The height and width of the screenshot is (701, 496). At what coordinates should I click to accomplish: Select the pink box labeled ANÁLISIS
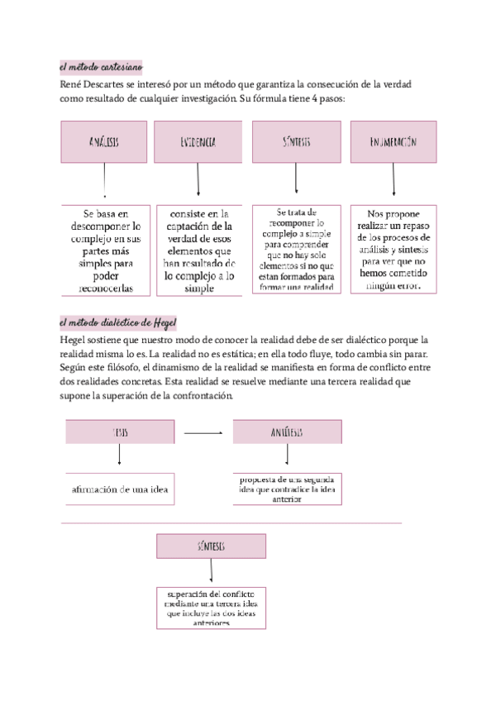click(x=104, y=142)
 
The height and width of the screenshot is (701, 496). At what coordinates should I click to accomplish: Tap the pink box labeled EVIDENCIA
click(x=198, y=142)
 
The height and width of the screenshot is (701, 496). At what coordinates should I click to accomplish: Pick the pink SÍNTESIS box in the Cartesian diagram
click(x=296, y=142)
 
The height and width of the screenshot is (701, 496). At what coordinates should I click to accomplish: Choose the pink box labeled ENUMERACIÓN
click(x=393, y=142)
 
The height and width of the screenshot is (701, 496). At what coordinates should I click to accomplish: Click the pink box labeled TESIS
click(x=120, y=432)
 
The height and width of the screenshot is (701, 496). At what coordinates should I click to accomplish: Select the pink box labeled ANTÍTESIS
click(x=287, y=432)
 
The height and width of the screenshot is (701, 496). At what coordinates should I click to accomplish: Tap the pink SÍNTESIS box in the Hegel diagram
click(x=212, y=546)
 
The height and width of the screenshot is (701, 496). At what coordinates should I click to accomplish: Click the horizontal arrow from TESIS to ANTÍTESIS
click(x=203, y=432)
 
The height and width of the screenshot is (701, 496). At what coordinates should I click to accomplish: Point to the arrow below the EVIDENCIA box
click(x=198, y=179)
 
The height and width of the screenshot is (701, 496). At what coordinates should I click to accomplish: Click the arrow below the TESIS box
click(x=120, y=455)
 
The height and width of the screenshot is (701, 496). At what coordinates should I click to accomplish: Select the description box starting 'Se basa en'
click(x=106, y=250)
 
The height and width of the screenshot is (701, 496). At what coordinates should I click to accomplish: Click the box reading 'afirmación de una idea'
click(x=120, y=489)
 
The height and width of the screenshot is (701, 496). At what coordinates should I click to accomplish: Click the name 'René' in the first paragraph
click(x=71, y=84)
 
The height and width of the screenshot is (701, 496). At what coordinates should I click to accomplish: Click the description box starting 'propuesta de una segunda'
click(x=287, y=489)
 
